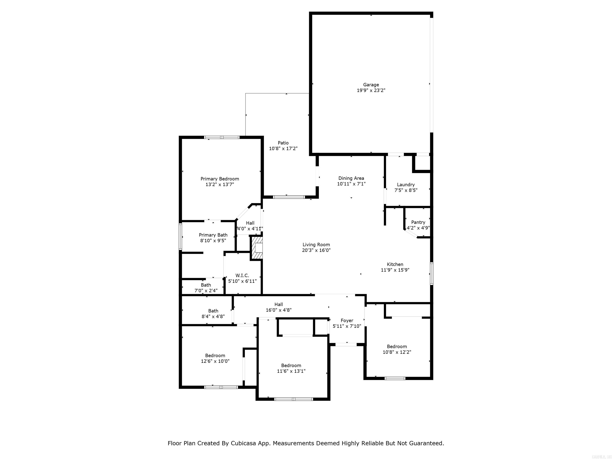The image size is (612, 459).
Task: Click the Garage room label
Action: [371, 85]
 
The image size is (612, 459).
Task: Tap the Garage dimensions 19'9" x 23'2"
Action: [371, 90]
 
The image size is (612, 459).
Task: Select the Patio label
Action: [283, 143]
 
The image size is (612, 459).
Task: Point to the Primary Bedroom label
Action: [220, 179]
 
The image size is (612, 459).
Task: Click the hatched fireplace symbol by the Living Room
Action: [256, 248]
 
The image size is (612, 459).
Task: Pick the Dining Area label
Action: [351, 178]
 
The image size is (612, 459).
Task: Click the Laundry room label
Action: [406, 184]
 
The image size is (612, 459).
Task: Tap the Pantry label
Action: [418, 222]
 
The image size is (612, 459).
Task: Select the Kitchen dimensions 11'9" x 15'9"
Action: [395, 270]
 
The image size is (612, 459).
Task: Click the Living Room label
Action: [316, 245]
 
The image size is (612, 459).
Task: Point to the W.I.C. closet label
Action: [242, 275]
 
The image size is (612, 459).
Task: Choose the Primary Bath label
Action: [213, 235]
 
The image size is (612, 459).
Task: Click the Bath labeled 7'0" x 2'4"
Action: [206, 288]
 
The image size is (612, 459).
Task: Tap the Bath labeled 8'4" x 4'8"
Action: [213, 313]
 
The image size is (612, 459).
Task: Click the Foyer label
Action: [347, 320]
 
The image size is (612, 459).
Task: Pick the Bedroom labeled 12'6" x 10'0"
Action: [215, 358]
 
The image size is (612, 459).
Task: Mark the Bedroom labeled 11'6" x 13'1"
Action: [291, 368]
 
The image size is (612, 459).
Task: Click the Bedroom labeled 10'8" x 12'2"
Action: [397, 349]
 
